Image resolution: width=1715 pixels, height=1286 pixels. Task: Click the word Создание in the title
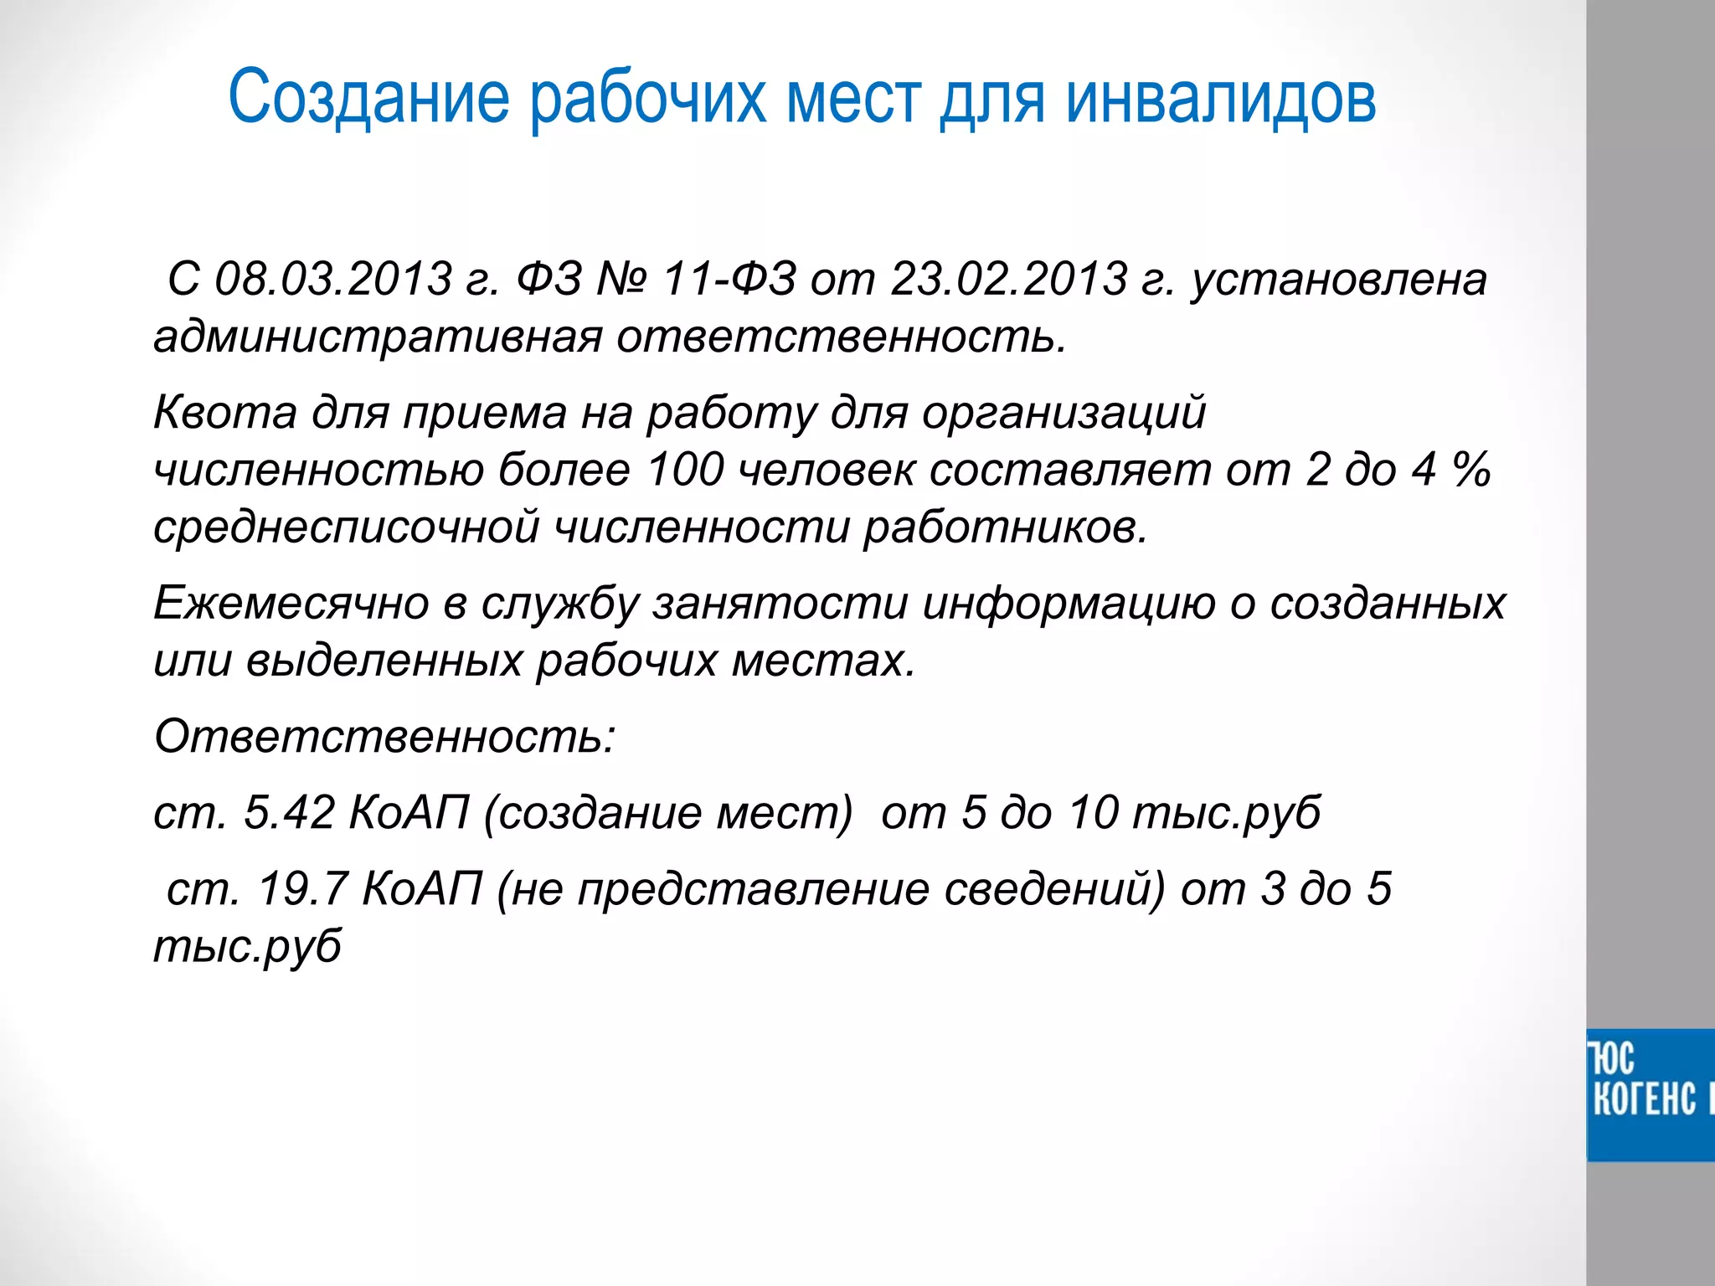[x=368, y=99]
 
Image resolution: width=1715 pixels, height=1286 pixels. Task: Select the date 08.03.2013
[x=333, y=279]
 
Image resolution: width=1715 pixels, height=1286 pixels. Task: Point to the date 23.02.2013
[x=1008, y=279]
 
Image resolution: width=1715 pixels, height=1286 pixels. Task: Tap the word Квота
[x=224, y=413]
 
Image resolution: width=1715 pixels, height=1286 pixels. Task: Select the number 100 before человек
[x=685, y=470]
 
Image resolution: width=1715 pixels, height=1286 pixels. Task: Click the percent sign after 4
[x=1471, y=470]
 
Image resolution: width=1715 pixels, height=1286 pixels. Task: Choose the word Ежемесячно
[x=291, y=604]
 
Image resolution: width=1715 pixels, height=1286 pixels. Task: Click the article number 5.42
[x=289, y=813]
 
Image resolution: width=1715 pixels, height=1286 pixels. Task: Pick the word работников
[x=1005, y=528]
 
